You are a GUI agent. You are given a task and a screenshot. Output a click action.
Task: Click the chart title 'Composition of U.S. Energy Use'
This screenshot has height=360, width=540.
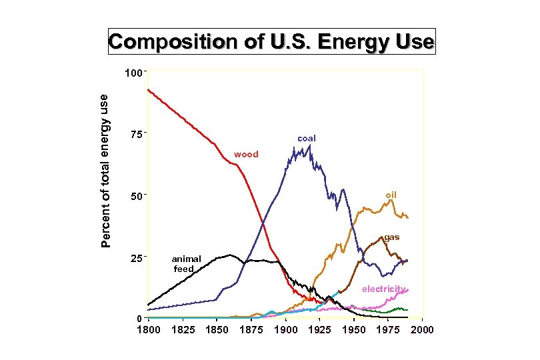pos(272,41)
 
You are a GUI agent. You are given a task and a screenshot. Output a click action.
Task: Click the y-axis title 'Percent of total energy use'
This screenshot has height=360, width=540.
pos(105,170)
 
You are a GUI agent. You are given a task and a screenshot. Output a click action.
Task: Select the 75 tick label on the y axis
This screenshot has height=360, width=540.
pos(136,134)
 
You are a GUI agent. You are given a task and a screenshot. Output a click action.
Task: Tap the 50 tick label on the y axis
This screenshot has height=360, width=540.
pos(136,196)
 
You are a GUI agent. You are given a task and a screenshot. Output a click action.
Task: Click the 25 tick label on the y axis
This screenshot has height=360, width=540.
pos(136,258)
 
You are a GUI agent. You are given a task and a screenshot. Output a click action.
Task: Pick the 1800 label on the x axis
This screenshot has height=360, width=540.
pos(148,330)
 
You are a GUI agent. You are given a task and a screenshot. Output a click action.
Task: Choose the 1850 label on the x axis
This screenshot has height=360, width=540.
pos(217,330)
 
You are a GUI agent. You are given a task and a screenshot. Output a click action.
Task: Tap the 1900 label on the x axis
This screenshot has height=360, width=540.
pos(286,330)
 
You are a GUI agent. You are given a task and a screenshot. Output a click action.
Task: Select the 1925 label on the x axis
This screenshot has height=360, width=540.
pos(320,330)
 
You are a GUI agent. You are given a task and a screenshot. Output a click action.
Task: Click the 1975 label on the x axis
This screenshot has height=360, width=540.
pos(389,330)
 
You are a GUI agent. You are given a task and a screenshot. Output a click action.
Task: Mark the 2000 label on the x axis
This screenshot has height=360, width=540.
pos(423,330)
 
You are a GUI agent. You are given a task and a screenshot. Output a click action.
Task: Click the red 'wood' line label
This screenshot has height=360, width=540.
pos(245,155)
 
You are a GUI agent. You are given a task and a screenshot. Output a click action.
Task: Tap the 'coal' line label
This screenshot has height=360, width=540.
pos(307,139)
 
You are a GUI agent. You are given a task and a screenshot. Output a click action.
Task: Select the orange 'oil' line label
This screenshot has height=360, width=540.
pos(391,195)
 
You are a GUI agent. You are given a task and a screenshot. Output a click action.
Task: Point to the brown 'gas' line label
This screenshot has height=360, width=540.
pos(391,237)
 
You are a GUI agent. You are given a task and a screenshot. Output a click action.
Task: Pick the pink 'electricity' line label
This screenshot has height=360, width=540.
pos(384,289)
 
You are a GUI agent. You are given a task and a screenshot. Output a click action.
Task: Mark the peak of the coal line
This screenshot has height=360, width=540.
pos(309,145)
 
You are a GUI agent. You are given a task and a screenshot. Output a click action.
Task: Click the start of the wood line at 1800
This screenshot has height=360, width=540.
pos(148,89)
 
